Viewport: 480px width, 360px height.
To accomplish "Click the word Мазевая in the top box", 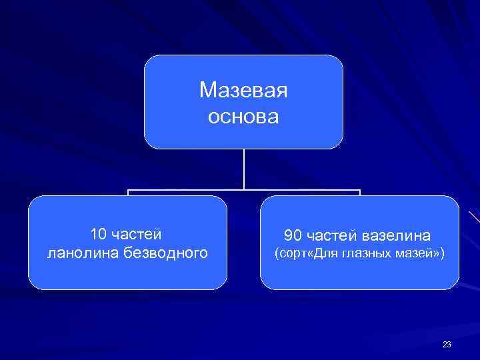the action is (243, 90).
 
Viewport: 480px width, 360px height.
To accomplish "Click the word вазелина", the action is (398, 236).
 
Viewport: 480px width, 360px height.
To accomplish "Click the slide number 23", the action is (446, 344).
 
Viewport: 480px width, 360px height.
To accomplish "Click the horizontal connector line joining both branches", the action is (244, 191).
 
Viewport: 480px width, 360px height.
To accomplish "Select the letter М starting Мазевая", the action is (205, 90).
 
